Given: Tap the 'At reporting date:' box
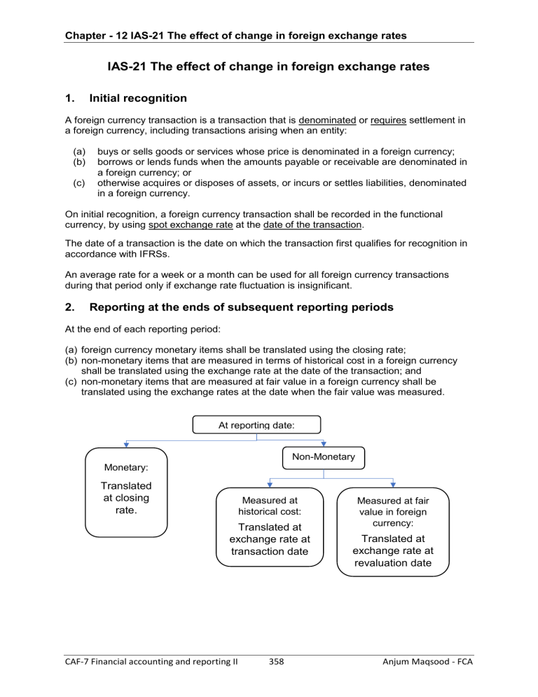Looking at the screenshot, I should coord(257,424).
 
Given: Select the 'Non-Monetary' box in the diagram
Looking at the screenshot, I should coord(323,456).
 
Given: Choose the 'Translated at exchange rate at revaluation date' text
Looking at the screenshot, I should coord(392,551).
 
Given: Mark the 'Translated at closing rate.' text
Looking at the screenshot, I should coord(126,498).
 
